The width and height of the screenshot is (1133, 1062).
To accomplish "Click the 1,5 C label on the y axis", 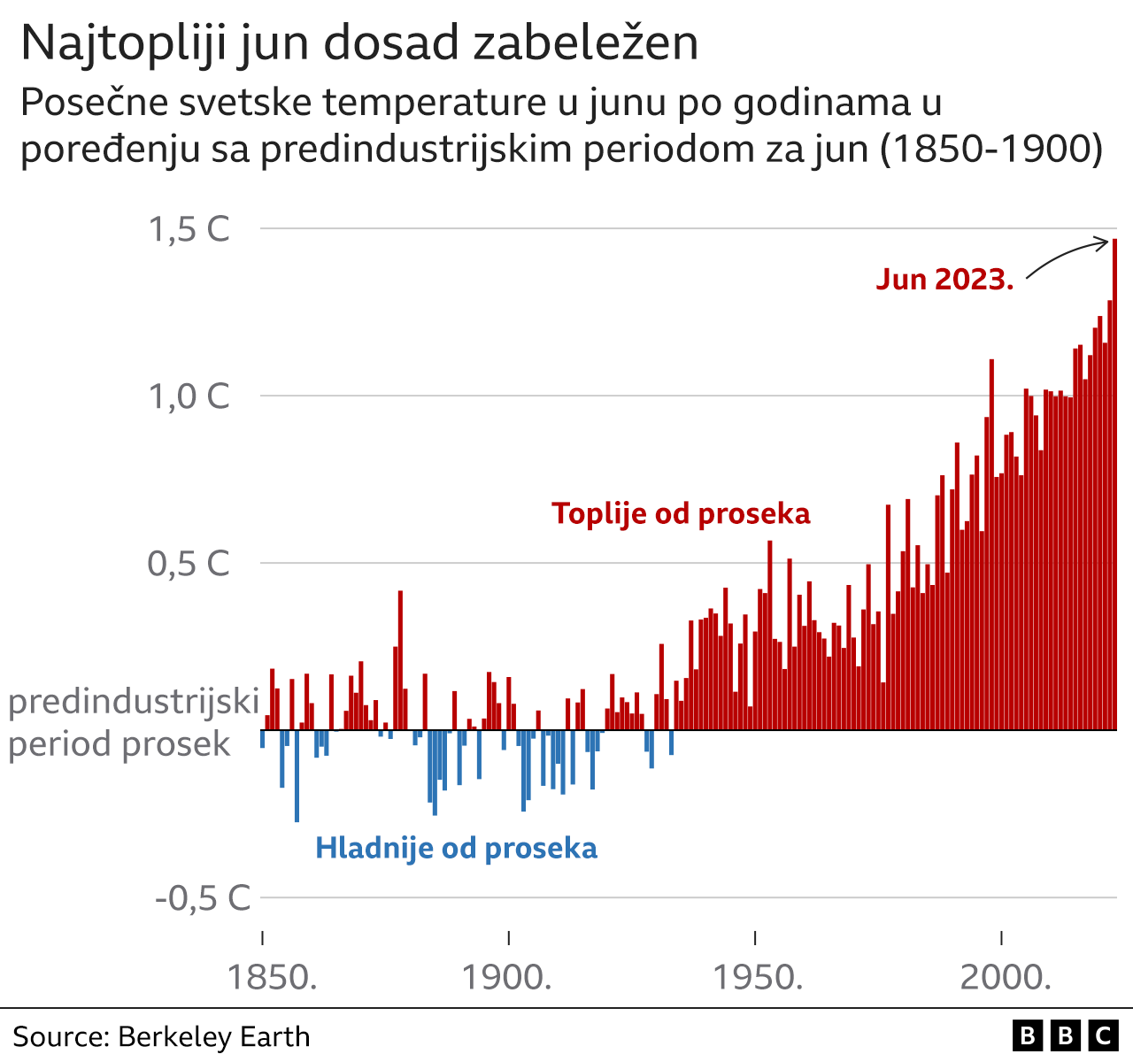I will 189,229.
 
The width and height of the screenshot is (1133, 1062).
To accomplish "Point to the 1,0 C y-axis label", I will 189,396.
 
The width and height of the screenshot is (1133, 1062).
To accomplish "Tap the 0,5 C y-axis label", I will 189,564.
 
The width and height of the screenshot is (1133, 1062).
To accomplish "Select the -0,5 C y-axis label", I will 204,898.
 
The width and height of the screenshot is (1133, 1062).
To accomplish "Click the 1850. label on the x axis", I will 272,978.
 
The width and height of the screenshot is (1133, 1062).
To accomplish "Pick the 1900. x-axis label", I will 507,978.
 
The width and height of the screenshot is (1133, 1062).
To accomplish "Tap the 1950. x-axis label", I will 758,978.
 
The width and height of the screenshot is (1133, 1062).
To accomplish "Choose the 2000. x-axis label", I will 1006,978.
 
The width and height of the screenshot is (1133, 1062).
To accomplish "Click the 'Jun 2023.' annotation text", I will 944,280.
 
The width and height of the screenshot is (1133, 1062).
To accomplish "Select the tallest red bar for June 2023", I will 1114,487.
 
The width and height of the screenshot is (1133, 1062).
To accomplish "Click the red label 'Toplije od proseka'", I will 681,513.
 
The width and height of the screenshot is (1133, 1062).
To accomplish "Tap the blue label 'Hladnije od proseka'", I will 456,848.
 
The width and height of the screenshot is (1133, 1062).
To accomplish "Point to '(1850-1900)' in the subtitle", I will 991,149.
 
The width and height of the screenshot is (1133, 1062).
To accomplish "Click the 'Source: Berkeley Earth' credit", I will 161,1036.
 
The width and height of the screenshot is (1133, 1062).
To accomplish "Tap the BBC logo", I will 1065,1035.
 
